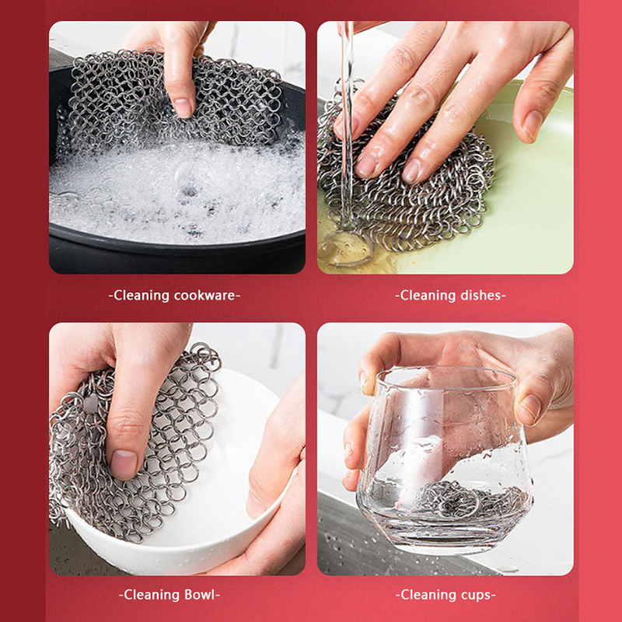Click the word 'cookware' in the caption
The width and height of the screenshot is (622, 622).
tap(204, 296)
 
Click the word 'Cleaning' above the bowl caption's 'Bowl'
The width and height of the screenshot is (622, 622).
tap(152, 595)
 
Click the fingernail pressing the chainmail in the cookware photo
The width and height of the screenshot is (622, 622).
tap(182, 107)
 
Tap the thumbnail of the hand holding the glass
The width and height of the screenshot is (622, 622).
tap(529, 409)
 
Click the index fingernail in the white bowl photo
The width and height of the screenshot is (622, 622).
tap(124, 463)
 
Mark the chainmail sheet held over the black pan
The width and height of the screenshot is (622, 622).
tap(174, 100)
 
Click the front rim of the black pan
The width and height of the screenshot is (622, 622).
tap(177, 242)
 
